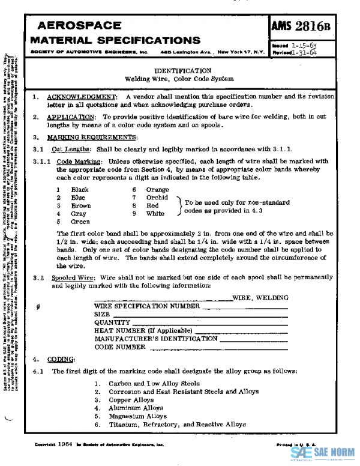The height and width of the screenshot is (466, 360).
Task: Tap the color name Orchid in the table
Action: [157, 198]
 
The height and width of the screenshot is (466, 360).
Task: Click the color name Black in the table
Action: [79, 190]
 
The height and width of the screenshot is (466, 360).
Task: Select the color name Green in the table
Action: [80, 221]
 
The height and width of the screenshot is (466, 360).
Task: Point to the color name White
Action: [155, 213]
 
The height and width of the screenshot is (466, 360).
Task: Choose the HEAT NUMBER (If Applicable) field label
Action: [143, 331]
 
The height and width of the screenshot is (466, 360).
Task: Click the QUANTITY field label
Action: [112, 322]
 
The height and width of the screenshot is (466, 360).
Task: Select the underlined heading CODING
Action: [60, 359]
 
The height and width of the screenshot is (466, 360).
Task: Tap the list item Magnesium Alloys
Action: [139, 416]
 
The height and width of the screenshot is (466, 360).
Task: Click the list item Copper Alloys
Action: [131, 399]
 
